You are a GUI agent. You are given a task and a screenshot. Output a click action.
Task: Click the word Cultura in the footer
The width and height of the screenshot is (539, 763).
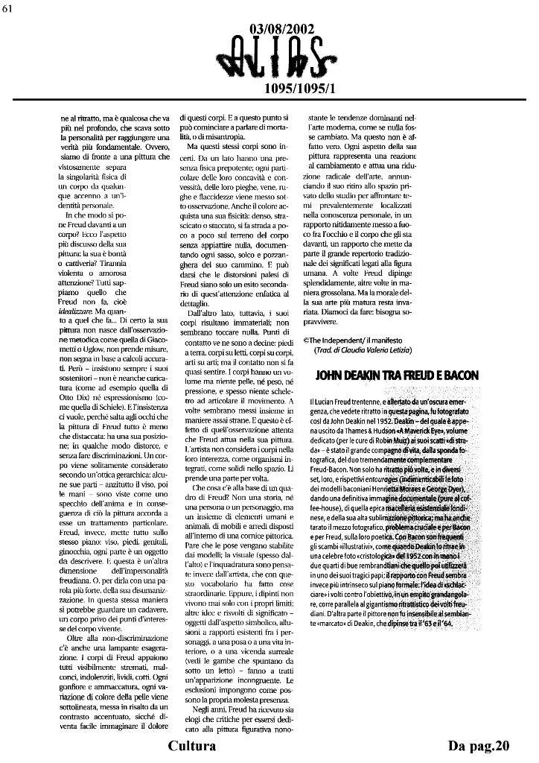click(x=192, y=746)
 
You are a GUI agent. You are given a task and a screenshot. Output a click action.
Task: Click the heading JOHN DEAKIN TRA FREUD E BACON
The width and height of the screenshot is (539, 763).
click(x=397, y=376)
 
